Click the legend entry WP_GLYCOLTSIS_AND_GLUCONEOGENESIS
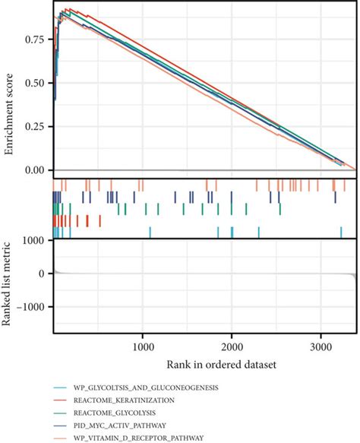coord(144,388)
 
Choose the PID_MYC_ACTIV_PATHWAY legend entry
coord(117,425)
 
